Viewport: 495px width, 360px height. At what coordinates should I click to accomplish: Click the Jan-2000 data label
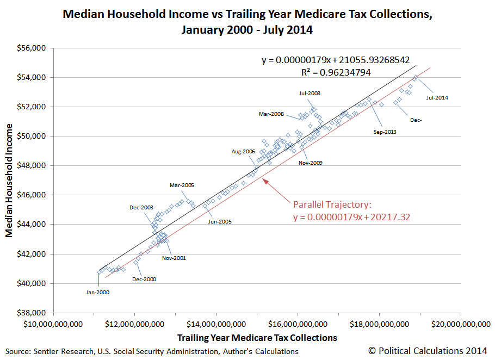coord(97,292)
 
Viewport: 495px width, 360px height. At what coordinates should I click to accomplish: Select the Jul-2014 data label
coord(437,98)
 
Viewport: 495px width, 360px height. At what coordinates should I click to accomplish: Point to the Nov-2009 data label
coord(311,163)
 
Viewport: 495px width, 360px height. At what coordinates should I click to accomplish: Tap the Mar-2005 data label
coord(182,185)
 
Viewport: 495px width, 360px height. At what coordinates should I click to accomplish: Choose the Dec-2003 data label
coord(141,208)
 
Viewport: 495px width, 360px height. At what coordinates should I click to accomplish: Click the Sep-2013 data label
coord(385,132)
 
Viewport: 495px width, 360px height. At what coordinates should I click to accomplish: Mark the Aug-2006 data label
coord(243,152)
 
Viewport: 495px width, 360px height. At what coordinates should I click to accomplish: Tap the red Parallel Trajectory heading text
coord(332,205)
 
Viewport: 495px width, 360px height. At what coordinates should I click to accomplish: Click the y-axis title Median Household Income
coord(10,181)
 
